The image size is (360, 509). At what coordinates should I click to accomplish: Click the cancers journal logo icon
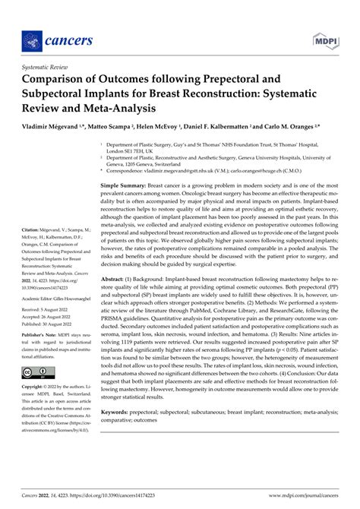click(x=33, y=40)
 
